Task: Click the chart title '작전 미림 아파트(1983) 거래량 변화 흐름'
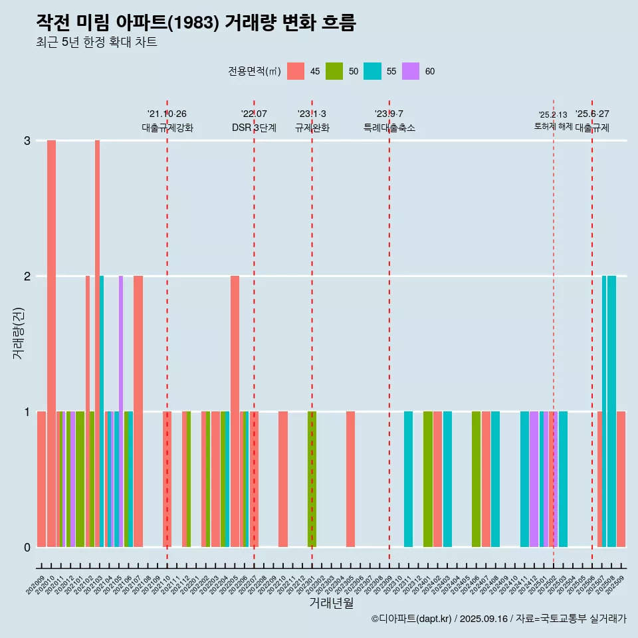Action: pyautogui.click(x=196, y=23)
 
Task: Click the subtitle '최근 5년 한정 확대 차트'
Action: pyautogui.click(x=96, y=43)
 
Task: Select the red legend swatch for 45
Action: pyautogui.click(x=296, y=71)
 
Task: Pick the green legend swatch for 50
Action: pyautogui.click(x=334, y=71)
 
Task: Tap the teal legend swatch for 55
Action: pyautogui.click(x=372, y=71)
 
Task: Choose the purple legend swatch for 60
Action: pyautogui.click(x=411, y=71)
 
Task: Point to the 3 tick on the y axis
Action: pyautogui.click(x=27, y=141)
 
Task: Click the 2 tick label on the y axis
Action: pyautogui.click(x=27, y=276)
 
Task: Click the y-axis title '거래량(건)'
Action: pyautogui.click(x=18, y=333)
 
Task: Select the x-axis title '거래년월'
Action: pyautogui.click(x=331, y=603)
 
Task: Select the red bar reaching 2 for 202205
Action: pyautogui.click(x=235, y=411)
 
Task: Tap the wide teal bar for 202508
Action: pyautogui.click(x=611, y=411)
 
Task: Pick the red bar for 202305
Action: pyautogui.click(x=350, y=479)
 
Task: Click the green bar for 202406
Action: pyautogui.click(x=476, y=479)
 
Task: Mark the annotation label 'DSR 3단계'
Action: pyautogui.click(x=254, y=128)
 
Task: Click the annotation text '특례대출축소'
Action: pyautogui.click(x=389, y=128)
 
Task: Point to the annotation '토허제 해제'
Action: pyautogui.click(x=553, y=126)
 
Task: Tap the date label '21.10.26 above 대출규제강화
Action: pyautogui.click(x=167, y=114)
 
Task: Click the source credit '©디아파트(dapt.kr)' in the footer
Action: pyautogui.click(x=411, y=619)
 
